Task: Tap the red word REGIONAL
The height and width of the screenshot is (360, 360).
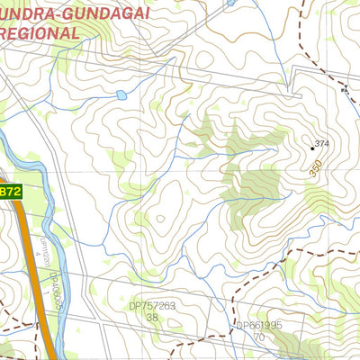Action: [40, 31]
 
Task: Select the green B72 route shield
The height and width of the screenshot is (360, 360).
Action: [9, 192]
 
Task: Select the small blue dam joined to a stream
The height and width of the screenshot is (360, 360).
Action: [121, 94]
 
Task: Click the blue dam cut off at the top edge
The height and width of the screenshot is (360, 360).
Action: [231, 3]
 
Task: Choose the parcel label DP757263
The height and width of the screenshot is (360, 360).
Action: [152, 306]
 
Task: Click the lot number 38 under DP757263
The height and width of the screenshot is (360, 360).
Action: [152, 318]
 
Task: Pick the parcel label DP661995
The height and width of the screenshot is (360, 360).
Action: [260, 326]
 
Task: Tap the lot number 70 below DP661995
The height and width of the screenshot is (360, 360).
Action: [259, 337]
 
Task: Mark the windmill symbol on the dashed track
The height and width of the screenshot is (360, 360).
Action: [343, 89]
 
